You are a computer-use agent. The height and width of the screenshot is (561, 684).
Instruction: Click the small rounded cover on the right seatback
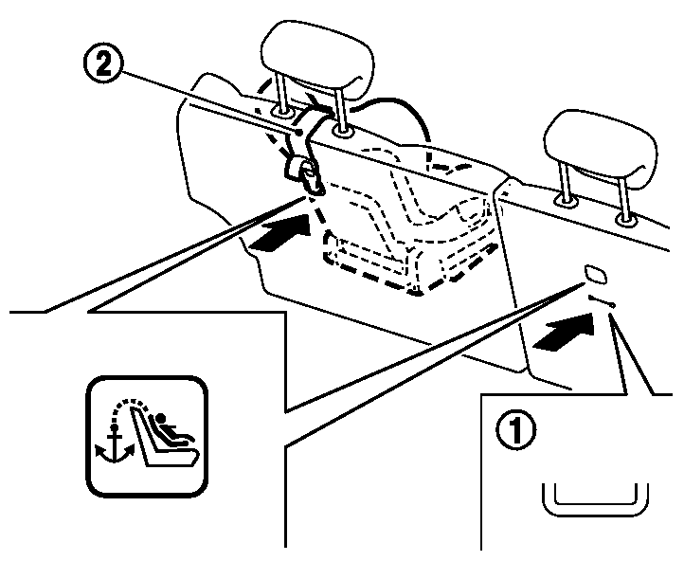pyautogui.click(x=598, y=275)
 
